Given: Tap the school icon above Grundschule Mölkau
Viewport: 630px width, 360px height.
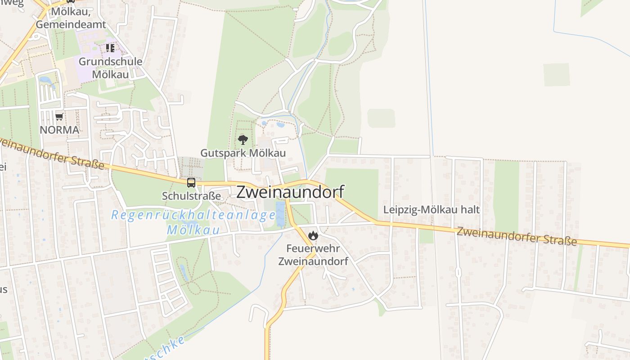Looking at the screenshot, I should coord(110,48).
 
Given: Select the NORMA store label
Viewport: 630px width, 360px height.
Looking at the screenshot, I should coord(59,130).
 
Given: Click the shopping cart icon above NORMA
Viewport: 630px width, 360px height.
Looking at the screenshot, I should coord(59,117).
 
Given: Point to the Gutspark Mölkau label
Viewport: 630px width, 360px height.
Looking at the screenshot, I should coord(243,153).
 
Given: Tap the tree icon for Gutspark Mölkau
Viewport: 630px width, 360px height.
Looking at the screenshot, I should coord(243,139).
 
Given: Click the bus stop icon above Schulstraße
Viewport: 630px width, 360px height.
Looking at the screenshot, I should coord(191,183).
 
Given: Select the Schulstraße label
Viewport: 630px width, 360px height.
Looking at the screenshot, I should coord(192,196).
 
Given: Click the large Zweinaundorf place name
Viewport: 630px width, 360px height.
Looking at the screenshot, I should coord(290,192).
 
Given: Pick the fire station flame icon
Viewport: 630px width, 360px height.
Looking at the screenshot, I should coord(313,235).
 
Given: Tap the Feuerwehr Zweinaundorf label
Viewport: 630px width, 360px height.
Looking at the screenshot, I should coord(313,255).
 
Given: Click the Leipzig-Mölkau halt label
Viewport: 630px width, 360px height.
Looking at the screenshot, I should coord(432,210).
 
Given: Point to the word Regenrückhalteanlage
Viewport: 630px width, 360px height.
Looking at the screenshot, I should coord(193,215).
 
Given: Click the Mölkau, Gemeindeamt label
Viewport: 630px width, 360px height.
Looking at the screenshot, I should coord(71,18).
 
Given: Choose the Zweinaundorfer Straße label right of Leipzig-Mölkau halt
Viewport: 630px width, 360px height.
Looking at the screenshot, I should coord(517,236).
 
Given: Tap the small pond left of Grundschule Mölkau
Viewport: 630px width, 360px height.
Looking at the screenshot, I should coord(45,81).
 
